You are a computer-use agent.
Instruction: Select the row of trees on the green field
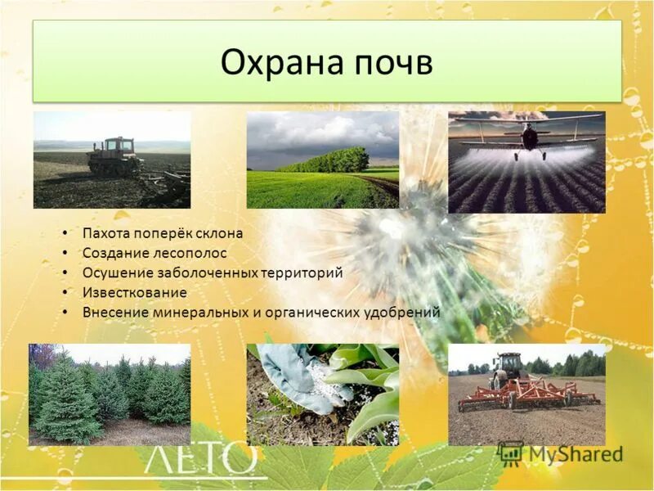point(324,160)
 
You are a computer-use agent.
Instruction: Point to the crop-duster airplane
point(530,137)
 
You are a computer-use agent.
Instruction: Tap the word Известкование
point(135,292)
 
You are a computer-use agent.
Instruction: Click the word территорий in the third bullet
point(302,273)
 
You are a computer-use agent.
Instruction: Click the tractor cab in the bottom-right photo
point(506,366)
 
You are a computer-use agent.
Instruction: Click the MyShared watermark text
point(572,454)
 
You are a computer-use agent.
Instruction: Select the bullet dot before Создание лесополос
point(65,254)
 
